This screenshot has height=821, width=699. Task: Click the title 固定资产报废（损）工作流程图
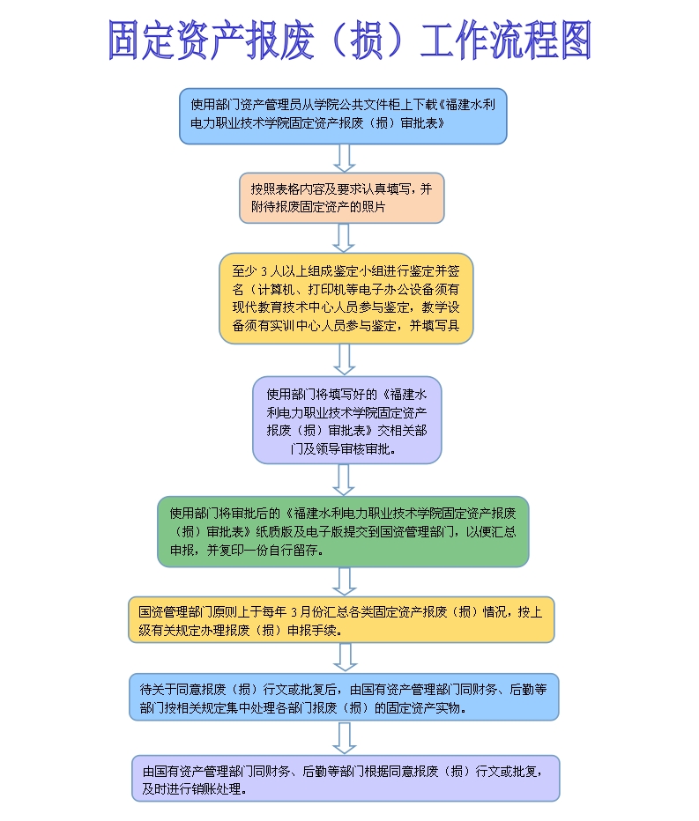[349, 41]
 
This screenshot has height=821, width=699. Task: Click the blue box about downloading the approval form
[343, 115]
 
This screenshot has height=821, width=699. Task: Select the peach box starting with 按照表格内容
[342, 197]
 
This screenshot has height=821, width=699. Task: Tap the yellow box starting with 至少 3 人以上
[346, 298]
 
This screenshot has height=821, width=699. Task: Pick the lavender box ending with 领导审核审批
[346, 420]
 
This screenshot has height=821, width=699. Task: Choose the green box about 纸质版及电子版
[343, 531]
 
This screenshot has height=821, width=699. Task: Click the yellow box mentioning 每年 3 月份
[341, 619]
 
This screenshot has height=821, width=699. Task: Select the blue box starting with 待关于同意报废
[343, 697]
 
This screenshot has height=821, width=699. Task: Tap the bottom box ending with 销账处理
[346, 778]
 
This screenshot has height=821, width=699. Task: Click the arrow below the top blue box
[345, 158]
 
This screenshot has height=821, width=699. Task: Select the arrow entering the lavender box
[345, 359]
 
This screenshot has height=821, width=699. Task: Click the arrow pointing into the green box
[345, 479]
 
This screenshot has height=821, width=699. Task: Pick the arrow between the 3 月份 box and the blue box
[345, 657]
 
